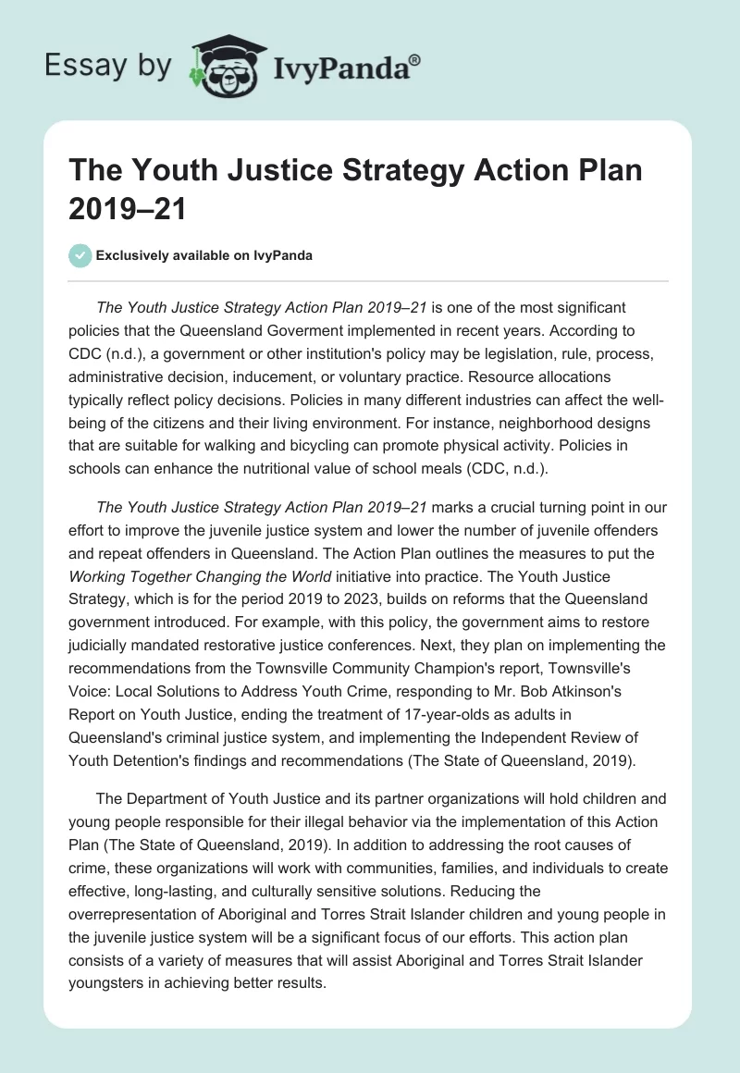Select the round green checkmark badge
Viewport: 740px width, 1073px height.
[x=81, y=255]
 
